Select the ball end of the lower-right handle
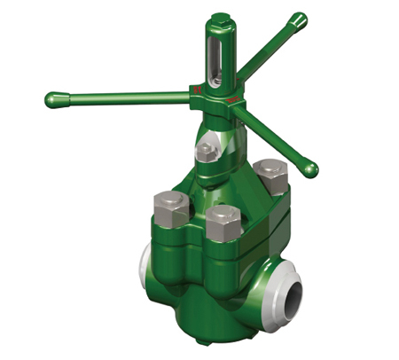click(x=309, y=168)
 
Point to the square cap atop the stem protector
click(x=217, y=20)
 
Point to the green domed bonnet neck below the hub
click(x=213, y=133)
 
